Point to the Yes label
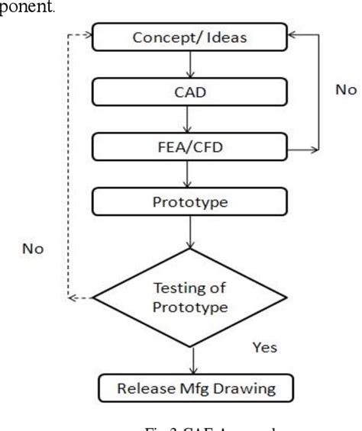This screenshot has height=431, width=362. tap(263, 348)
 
